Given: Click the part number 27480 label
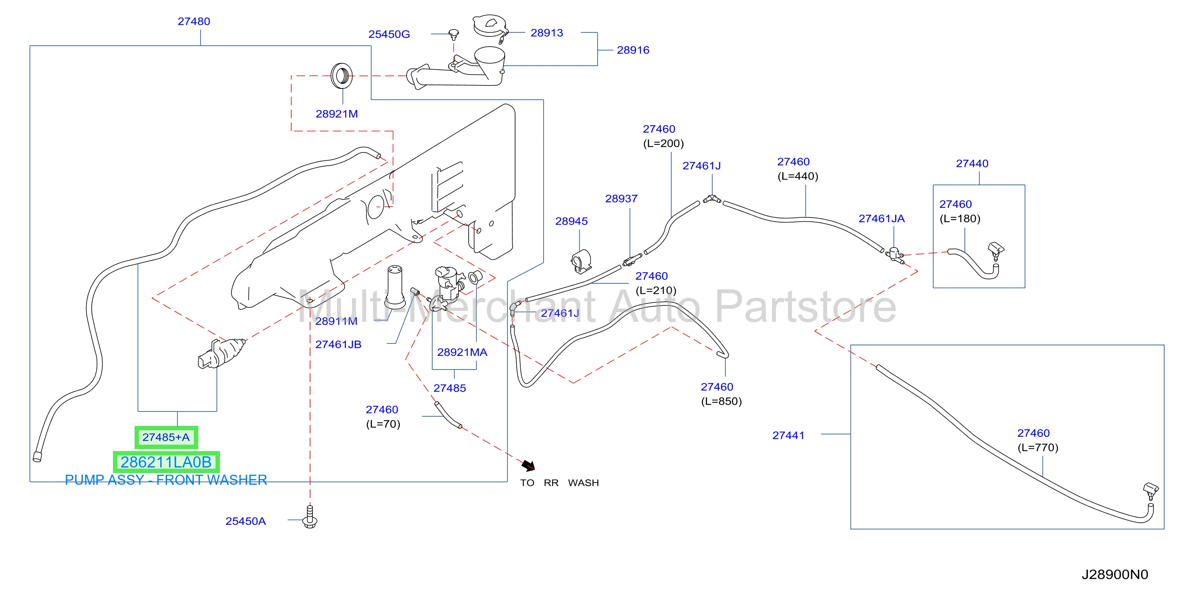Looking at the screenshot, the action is point(194,21).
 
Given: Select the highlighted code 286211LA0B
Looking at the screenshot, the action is point(166,462).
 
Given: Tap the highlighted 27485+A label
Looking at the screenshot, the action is point(166,437).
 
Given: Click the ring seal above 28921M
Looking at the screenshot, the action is point(342,76).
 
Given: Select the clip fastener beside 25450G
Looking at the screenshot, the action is point(454,34).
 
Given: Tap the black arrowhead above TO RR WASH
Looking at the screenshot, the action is point(528,465).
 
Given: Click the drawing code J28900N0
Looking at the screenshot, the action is point(1115,574).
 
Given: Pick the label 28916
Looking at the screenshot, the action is point(633,50).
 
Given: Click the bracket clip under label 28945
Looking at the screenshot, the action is point(581,261).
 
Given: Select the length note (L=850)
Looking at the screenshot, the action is point(721,401).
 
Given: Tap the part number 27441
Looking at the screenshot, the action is point(788,435).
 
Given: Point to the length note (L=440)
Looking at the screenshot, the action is point(798,176).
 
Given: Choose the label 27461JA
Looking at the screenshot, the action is point(881,218).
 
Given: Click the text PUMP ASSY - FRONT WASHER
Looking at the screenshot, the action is point(166,480).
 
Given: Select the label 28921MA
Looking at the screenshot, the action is point(462,352).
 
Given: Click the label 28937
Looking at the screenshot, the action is point(621,198).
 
